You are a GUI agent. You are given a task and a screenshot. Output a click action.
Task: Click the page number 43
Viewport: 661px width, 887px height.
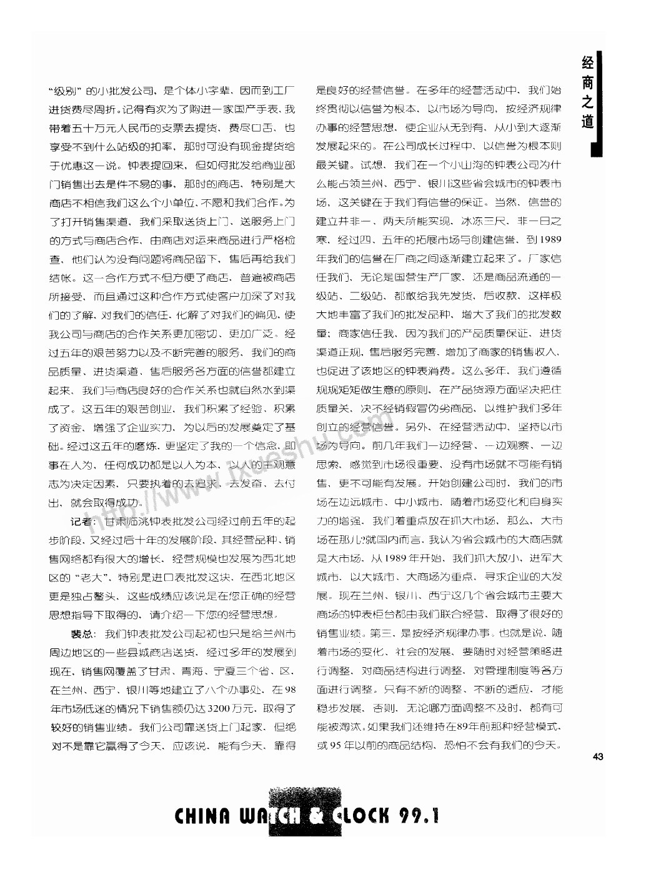pos(598,757)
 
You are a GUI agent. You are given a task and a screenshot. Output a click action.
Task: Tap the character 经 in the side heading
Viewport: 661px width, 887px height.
pos(587,64)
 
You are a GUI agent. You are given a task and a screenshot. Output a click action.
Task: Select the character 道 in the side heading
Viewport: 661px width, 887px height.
pos(587,122)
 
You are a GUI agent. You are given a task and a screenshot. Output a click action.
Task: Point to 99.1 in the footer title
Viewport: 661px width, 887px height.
pos(419,815)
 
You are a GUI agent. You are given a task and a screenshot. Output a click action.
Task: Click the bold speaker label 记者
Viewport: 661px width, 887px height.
pos(82,522)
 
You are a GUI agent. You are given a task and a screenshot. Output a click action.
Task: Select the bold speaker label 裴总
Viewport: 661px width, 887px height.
pos(82,634)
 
